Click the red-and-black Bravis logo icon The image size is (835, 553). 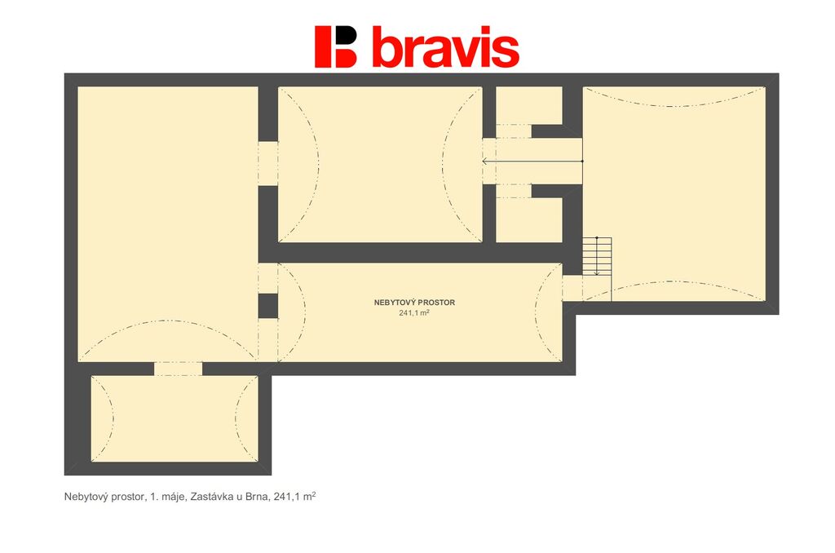[335, 46]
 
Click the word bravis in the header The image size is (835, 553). [445, 46]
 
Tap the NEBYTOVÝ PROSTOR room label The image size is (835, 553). [414, 303]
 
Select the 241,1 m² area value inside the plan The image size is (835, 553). [414, 312]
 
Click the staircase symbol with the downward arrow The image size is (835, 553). [597, 256]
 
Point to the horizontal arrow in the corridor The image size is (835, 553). [532, 161]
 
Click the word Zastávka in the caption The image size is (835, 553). [212, 497]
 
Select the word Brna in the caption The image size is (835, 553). [258, 497]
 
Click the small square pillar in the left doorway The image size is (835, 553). [267, 306]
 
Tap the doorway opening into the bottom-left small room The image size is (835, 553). [179, 369]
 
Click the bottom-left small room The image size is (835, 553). [175, 418]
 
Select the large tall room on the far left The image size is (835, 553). [168, 223]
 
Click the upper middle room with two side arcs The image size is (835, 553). [380, 164]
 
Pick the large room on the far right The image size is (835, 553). [674, 193]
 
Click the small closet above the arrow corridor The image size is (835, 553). [529, 105]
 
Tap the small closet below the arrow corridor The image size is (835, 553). [529, 220]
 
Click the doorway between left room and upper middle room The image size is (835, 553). [267, 164]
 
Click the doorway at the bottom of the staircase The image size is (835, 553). [572, 288]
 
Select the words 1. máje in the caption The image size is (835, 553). [167, 497]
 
